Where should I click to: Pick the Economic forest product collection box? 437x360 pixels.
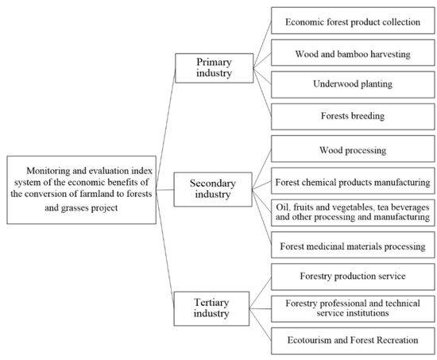click(352, 22)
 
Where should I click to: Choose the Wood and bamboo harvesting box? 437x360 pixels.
click(352, 53)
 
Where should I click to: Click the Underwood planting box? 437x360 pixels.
click(352, 84)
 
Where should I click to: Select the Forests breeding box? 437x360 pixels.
click(352, 115)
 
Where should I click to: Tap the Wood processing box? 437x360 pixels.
click(352, 149)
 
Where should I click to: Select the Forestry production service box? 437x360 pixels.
click(352, 277)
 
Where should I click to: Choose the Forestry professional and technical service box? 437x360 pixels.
click(352, 308)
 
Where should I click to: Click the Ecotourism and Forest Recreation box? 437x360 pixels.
click(352, 339)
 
